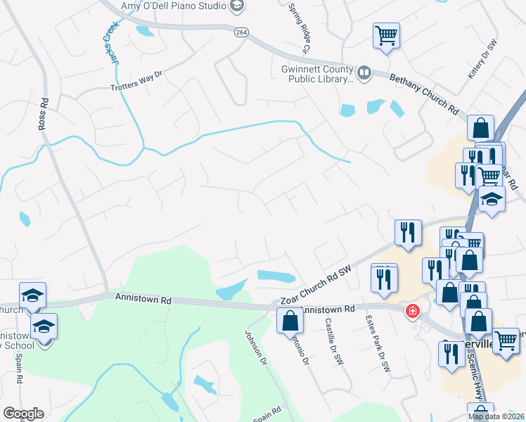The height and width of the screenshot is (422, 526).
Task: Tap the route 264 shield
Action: [241, 33]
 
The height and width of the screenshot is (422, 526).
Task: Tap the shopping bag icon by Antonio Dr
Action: [290, 321]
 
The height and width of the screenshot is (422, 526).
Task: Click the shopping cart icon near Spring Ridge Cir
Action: [386, 34]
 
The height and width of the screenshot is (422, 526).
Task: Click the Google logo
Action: [23, 414]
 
